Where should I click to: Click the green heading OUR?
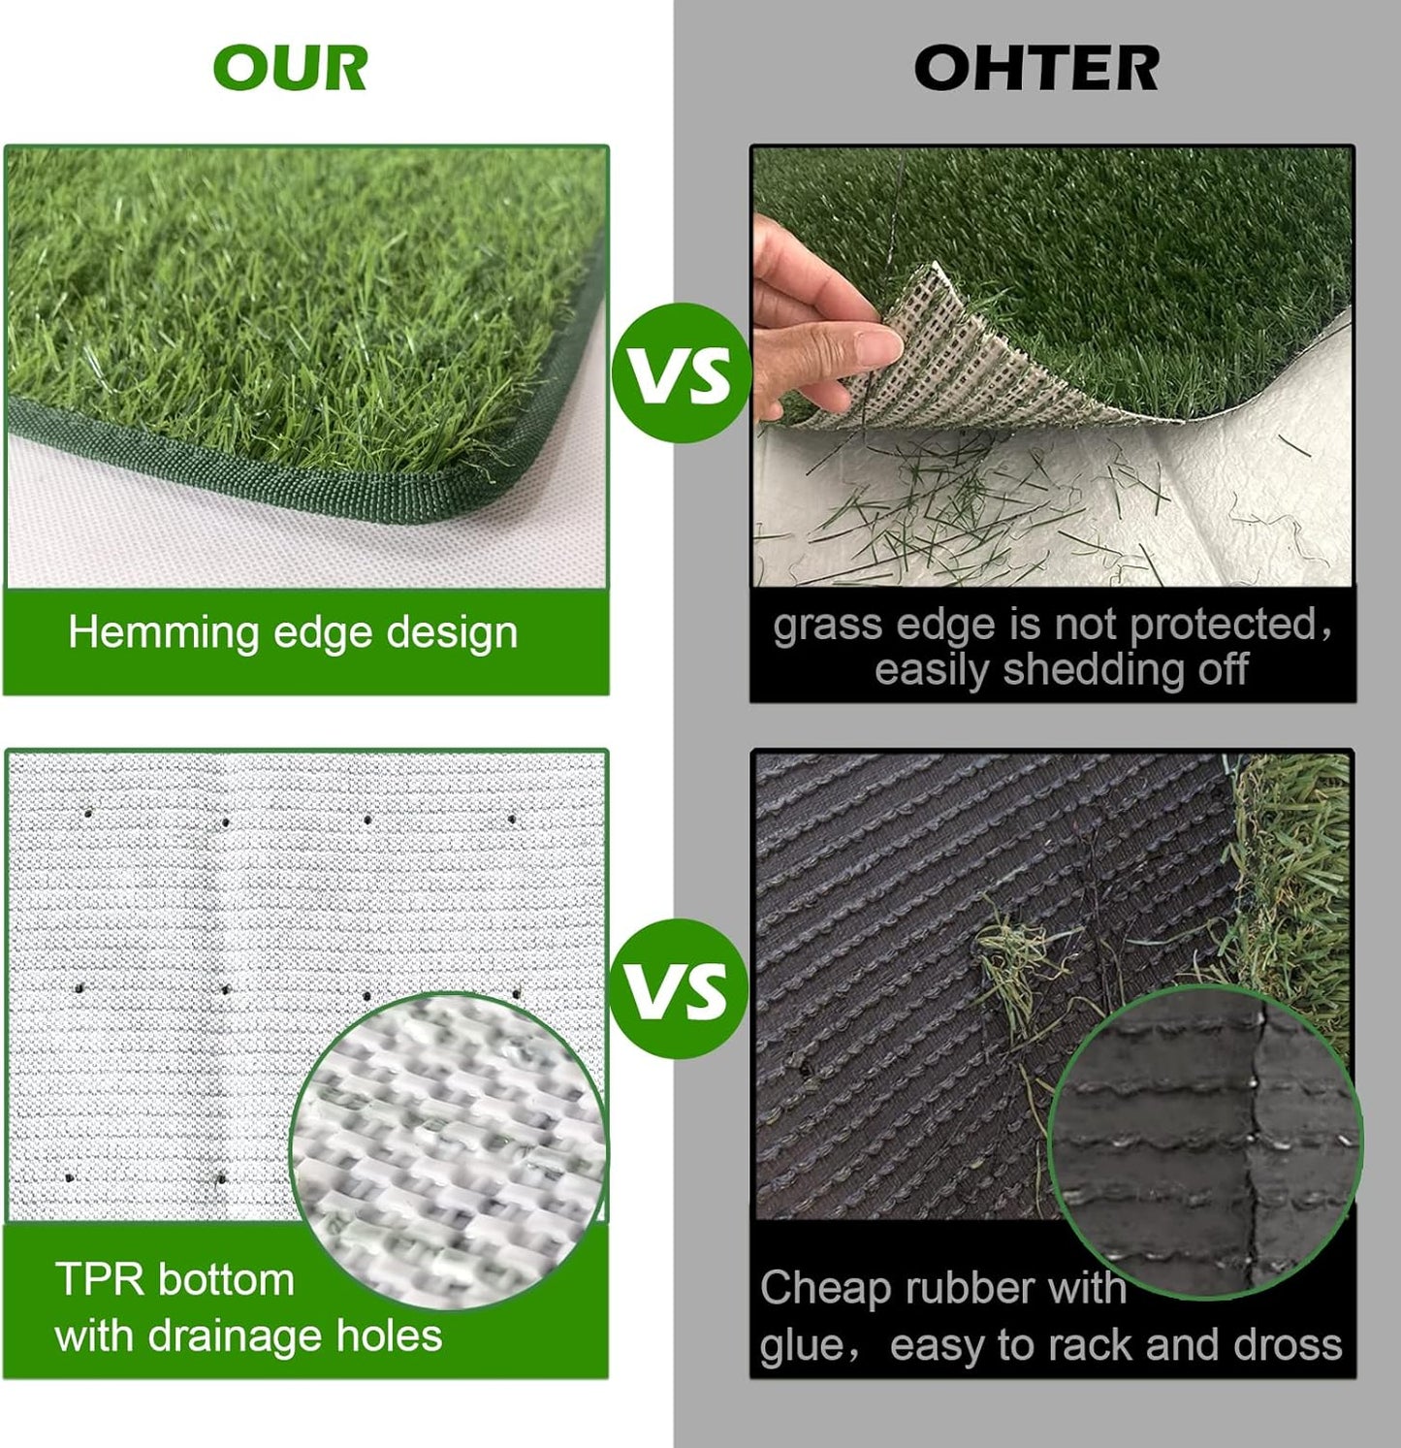coord(290,69)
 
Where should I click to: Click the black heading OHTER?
coord(1035,69)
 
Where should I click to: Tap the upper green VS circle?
coord(681,373)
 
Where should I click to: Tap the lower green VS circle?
coord(681,988)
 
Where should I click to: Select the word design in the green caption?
coord(452,633)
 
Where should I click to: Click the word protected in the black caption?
coord(1224,626)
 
